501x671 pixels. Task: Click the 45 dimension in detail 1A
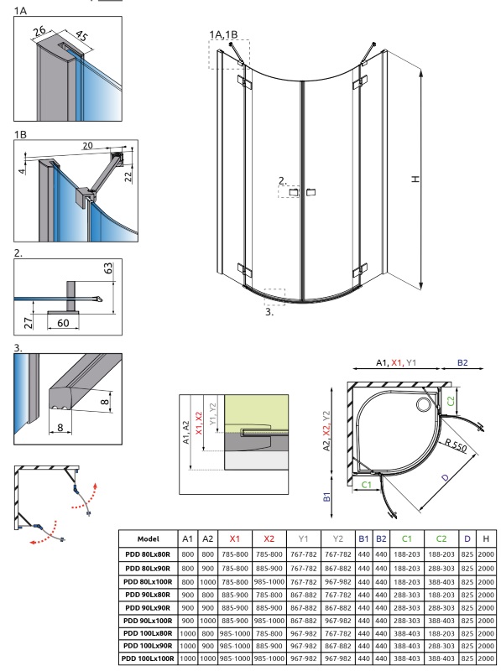click(81, 35)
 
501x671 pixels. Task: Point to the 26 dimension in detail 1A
click(39, 30)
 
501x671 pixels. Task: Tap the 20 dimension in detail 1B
click(87, 146)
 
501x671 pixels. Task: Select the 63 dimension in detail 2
click(108, 268)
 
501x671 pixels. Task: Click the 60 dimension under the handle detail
click(63, 323)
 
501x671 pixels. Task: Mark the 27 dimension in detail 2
click(28, 322)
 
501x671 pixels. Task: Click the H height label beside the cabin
click(415, 179)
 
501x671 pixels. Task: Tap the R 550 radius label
click(456, 445)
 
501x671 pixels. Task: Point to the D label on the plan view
click(446, 477)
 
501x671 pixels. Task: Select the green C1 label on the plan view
click(367, 485)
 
